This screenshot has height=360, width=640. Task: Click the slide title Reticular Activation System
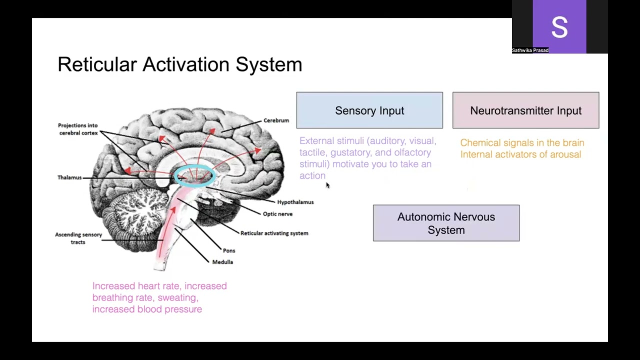tap(179, 64)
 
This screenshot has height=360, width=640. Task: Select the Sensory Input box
tap(369, 110)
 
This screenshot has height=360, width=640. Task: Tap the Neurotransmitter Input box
tap(525, 110)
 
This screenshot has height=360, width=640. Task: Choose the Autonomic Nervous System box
tap(446, 223)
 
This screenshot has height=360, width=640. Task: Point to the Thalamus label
tap(69, 177)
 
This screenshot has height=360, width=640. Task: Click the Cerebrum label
tap(276, 120)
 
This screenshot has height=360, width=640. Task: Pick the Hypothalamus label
tap(295, 202)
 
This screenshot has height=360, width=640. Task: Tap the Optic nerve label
tap(277, 214)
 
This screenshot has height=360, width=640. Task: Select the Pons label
tap(229, 250)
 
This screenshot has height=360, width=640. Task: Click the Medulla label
tap(222, 262)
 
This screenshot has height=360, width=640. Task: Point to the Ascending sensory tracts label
tap(78, 238)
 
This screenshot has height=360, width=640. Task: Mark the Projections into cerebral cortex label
tap(78, 129)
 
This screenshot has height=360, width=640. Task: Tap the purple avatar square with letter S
tap(559, 26)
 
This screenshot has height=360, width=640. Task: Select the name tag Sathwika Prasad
tap(530, 50)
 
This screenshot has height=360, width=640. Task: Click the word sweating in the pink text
tap(177, 297)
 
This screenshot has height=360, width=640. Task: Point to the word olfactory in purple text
tap(412, 152)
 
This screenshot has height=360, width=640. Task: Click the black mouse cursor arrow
tap(327, 185)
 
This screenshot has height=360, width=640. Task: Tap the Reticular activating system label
tap(274, 233)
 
